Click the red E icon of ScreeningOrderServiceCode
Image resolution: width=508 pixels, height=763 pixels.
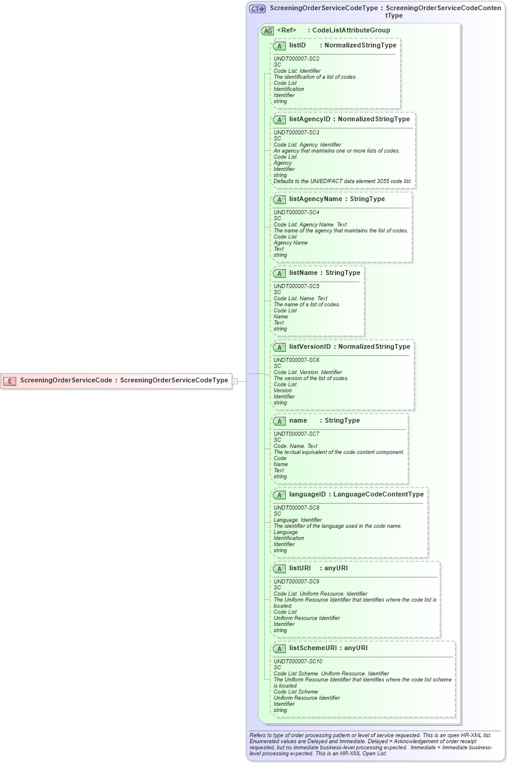10,381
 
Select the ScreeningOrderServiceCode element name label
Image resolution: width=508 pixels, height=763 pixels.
65,380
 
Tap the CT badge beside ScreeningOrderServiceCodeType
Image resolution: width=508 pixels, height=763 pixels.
257,9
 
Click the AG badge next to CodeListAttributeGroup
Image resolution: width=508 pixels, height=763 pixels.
267,31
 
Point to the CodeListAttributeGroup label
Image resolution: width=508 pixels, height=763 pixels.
351,30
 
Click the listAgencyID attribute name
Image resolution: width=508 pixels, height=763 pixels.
309,119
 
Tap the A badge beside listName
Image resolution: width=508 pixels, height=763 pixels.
279,273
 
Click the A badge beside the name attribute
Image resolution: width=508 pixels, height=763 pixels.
279,421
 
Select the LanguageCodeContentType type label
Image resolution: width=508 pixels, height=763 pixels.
378,494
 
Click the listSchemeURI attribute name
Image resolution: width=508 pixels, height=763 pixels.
313,648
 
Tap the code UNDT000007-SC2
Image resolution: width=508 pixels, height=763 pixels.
296,59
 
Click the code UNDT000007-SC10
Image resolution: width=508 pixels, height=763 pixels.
298,662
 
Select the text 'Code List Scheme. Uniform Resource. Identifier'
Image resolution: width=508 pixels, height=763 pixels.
331,674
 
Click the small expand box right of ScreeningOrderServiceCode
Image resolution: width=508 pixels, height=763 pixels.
235,381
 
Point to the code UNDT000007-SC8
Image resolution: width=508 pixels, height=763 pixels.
296,508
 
